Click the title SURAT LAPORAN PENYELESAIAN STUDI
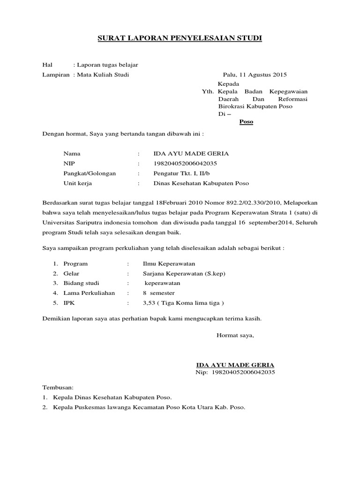[x=180, y=38]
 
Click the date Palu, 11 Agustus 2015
[x=255, y=75]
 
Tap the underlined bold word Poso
[x=246, y=122]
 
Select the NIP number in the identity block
[x=185, y=164]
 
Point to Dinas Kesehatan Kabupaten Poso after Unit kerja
[x=201, y=183]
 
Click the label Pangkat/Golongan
[x=90, y=173]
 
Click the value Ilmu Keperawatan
[x=169, y=264]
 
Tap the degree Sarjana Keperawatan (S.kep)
[x=180, y=274]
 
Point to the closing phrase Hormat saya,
[x=235, y=335]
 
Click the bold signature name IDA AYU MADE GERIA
[x=235, y=365]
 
